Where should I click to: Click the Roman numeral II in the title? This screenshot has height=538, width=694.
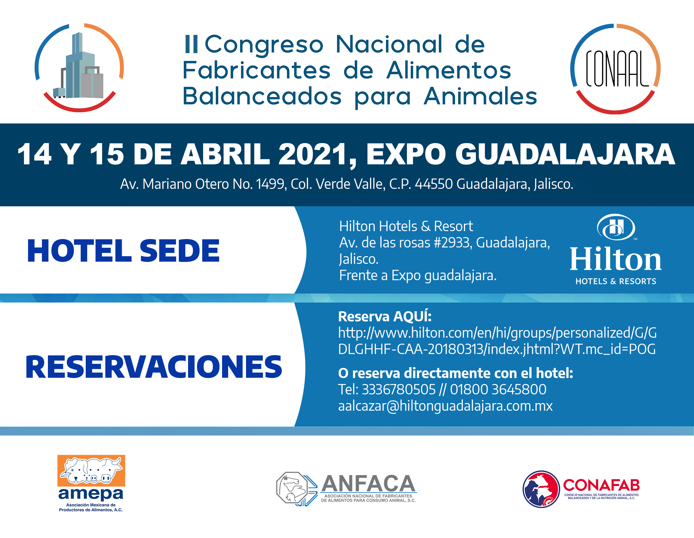pos(191,44)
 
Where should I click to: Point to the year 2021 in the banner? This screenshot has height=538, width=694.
pos(313,154)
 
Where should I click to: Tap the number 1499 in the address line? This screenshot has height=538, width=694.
pos(270,184)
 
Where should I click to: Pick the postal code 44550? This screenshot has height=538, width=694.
pos(434,184)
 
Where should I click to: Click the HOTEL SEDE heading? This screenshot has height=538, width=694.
pos(123,251)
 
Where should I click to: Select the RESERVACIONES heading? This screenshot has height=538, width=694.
pos(154,367)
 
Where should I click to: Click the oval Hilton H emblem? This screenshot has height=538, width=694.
pos(616,227)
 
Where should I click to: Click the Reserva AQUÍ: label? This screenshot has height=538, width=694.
pos(385,317)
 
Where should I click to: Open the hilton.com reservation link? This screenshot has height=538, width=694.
pos(497,341)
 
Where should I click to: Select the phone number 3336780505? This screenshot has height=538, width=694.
pos(398,389)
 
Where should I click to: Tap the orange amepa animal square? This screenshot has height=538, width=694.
pos(91,471)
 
